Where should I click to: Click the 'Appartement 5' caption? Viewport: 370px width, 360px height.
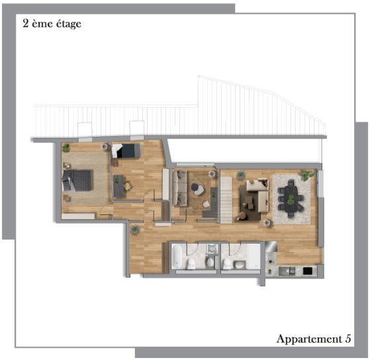[x=313, y=339]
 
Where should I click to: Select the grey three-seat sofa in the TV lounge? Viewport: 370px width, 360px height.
[x=179, y=188]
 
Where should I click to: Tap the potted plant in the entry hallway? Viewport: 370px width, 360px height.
[x=135, y=230]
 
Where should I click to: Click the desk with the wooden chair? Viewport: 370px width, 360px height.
[x=119, y=186]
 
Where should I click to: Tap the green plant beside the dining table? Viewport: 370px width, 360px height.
[x=306, y=175]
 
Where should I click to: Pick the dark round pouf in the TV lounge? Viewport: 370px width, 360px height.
[x=197, y=188]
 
